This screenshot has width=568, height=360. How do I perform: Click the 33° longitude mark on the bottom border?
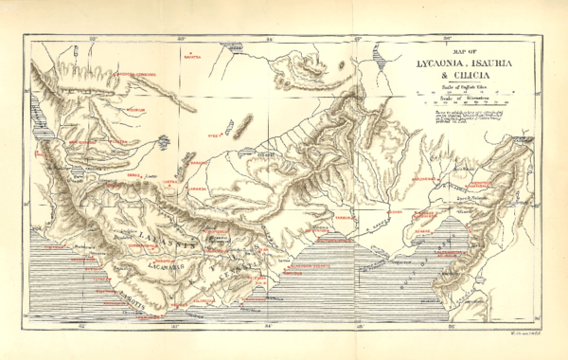tap(176, 325)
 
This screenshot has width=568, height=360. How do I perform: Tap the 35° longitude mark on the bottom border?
tap(360, 325)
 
